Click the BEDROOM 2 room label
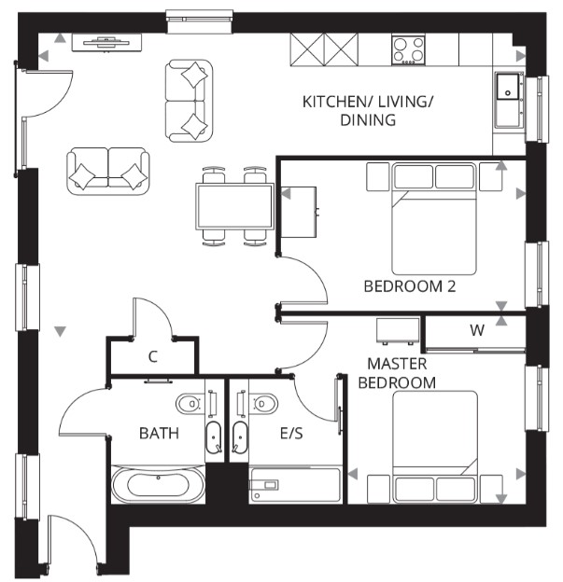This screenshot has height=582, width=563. (x=409, y=286)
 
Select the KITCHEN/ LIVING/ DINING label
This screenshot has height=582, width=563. (x=368, y=110)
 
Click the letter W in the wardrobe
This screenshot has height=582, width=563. (x=477, y=330)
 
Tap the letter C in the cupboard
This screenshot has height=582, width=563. (x=153, y=355)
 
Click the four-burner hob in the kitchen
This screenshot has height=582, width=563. (x=408, y=48)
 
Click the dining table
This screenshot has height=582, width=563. (x=233, y=206)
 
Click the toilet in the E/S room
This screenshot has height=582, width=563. (x=263, y=403)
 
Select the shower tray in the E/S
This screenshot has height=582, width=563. (x=294, y=485)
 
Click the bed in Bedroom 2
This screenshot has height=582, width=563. (x=434, y=219)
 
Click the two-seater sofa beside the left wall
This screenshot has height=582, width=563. (x=108, y=171)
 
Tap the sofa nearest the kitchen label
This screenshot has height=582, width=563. (x=190, y=101)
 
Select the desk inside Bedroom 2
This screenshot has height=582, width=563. (x=299, y=212)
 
